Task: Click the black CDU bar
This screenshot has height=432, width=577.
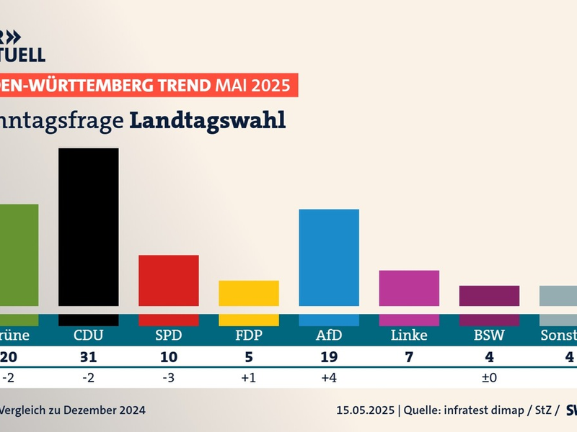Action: coord(88,227)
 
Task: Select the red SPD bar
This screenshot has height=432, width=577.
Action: coord(168,280)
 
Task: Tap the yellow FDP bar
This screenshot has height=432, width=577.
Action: coord(248,293)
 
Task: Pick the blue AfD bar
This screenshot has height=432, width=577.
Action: coord(329,257)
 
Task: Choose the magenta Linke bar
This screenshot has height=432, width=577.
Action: coord(409,288)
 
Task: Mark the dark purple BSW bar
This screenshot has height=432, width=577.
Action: coord(489,296)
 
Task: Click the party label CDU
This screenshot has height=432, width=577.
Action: coord(88,336)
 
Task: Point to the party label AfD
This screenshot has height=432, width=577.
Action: coord(329,336)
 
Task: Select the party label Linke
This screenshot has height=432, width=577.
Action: coord(409,336)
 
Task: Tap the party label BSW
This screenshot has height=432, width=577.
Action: coord(489,336)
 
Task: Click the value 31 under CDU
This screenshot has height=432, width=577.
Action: coord(88,356)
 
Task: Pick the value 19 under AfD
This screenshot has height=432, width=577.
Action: coord(329,356)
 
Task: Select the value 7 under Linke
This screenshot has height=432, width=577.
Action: coord(409,356)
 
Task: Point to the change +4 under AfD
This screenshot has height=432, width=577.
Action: coord(329,377)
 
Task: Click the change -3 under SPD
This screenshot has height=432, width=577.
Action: coord(168,377)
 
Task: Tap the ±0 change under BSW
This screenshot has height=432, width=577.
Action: coord(489,377)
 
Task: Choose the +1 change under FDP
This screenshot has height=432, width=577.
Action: coord(248,377)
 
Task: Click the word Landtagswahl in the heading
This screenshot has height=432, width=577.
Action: coord(208,120)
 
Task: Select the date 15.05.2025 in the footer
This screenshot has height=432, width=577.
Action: coord(366,410)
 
